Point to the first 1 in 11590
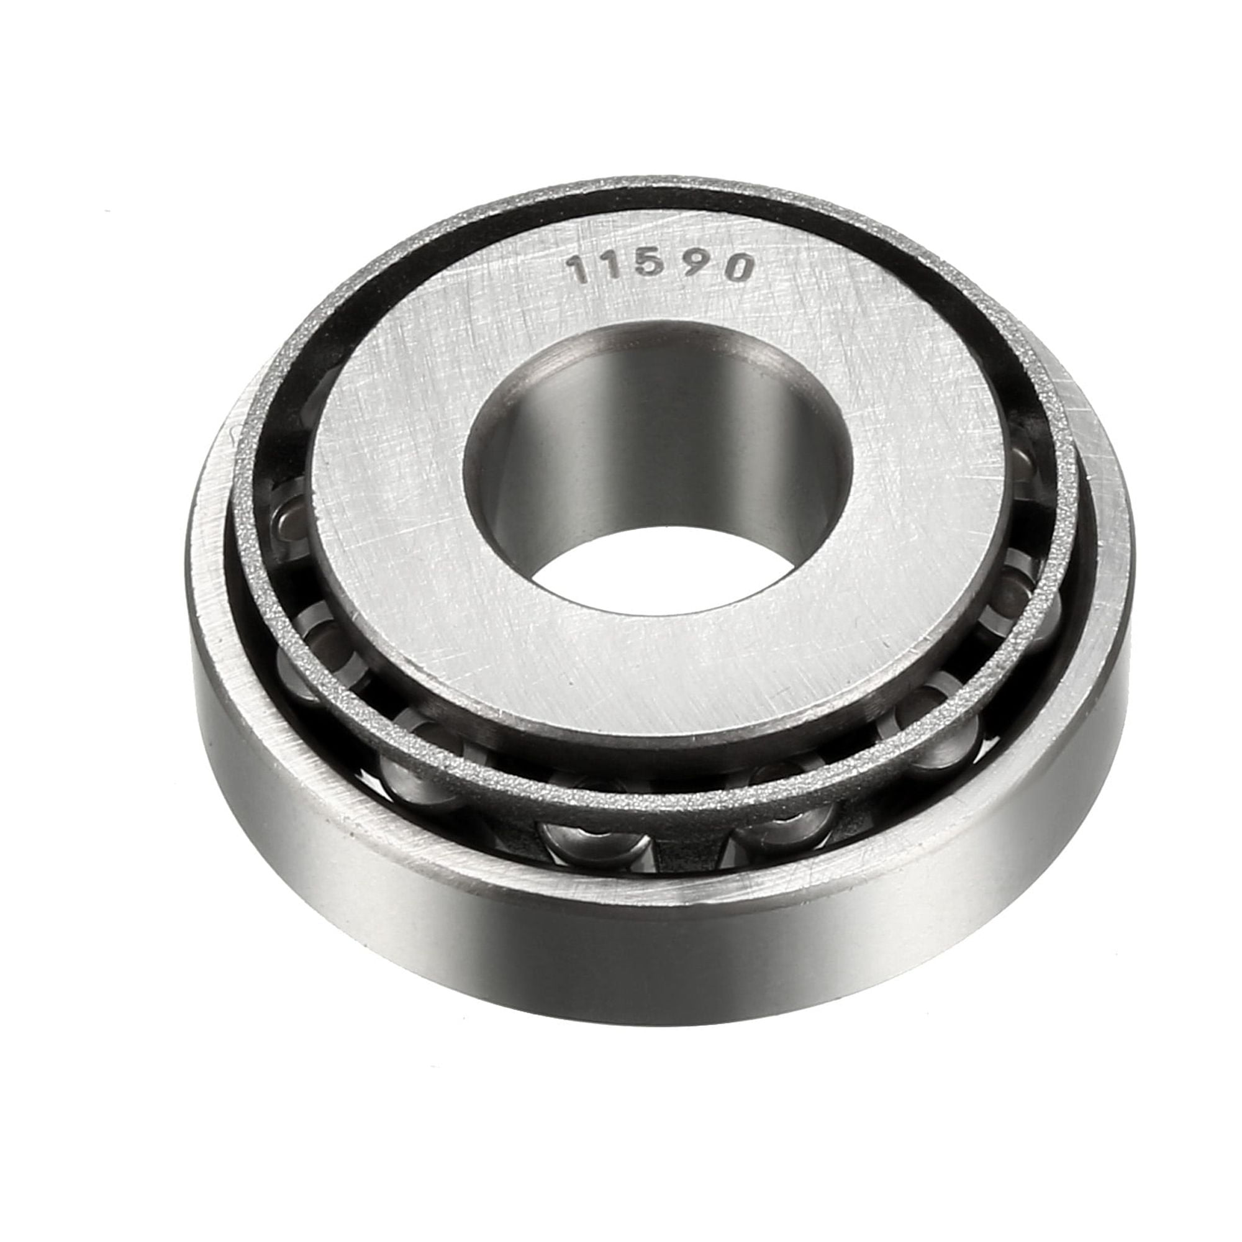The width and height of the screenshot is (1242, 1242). click(x=582, y=270)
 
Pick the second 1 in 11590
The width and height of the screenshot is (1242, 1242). click(x=622, y=266)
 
